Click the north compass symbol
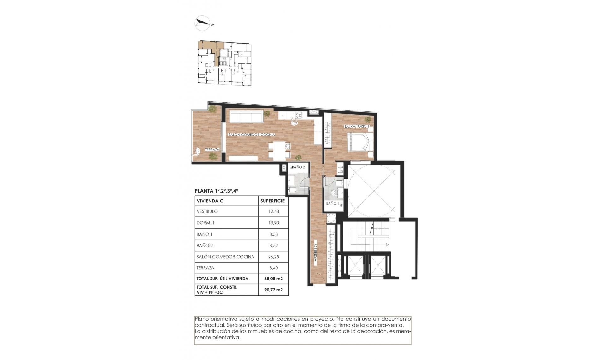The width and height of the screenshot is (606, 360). (203, 23)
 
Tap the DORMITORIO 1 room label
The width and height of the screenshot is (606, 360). (357, 126)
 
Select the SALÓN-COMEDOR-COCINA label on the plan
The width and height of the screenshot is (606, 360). (252, 135)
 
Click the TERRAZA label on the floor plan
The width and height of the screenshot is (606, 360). (212, 150)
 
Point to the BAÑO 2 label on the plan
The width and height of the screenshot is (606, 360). (298, 167)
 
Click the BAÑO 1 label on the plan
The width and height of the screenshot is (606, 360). (332, 203)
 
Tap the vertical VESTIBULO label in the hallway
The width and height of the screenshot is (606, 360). (315, 252)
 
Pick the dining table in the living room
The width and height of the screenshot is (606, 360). (280, 151)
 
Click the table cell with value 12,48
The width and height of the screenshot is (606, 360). (274, 211)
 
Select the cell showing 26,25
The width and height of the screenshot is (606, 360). (274, 257)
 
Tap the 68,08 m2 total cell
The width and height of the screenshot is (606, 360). (274, 279)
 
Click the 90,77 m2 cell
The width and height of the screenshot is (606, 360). (274, 290)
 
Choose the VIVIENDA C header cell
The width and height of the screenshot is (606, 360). (227, 201)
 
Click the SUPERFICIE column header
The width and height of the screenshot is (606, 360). (273, 201)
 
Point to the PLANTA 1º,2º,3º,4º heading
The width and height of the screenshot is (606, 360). (217, 191)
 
